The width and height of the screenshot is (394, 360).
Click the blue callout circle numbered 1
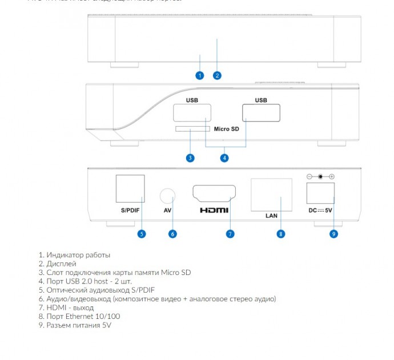[x=199, y=75]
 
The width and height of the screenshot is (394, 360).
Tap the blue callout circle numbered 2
[x=217, y=75]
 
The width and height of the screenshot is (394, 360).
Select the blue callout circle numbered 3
[x=190, y=158]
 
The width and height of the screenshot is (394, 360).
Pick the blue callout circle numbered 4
[x=224, y=158]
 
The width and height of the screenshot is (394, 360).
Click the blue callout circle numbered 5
[x=142, y=233]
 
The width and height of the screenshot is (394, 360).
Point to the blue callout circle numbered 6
[x=172, y=233]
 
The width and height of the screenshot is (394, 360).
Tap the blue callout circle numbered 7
[x=230, y=233]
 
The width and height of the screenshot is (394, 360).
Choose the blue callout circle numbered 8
[x=280, y=233]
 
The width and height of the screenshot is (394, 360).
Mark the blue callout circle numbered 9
[x=333, y=233]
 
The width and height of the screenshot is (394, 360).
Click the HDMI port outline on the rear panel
[x=214, y=194]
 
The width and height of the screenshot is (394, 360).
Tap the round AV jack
[x=167, y=196]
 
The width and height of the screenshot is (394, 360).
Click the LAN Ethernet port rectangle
[x=271, y=195]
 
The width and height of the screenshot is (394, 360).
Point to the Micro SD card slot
[x=191, y=129]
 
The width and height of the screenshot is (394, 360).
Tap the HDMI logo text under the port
[x=214, y=211]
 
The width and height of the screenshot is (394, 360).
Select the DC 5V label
[x=320, y=211]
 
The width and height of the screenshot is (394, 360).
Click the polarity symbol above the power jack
[x=320, y=177]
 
